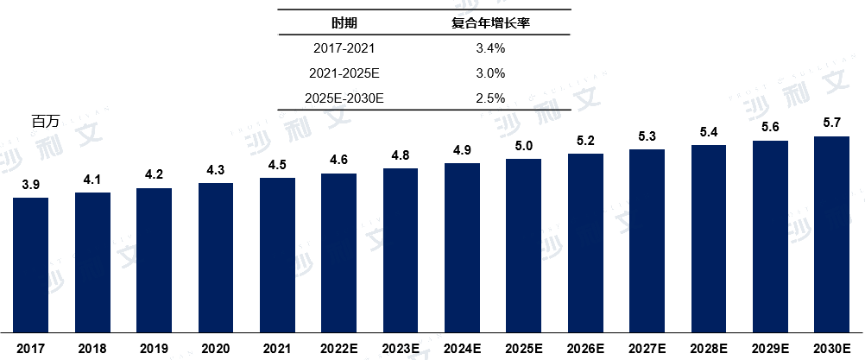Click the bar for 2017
31,264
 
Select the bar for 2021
277,255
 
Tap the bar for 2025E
523,245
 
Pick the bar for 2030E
831,234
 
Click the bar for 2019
154,260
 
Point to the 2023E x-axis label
400,348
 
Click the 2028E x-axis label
709,348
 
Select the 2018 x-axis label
92,348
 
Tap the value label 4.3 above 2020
216,170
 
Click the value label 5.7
831,123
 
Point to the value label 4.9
462,150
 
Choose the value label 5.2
585,141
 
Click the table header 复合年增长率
489,22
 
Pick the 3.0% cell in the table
489,73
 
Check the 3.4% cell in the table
489,48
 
